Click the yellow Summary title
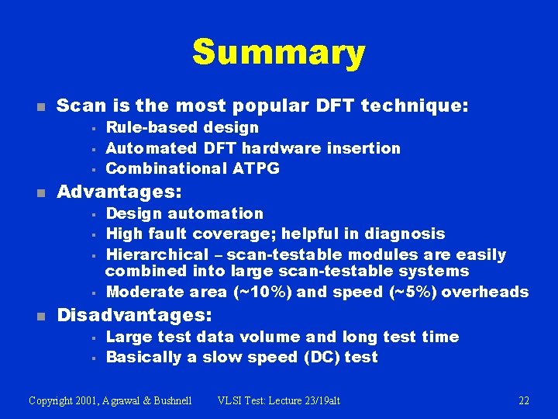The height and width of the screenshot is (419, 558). point(278,53)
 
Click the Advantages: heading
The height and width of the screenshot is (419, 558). point(119,192)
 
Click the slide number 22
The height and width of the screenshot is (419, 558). point(524,400)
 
